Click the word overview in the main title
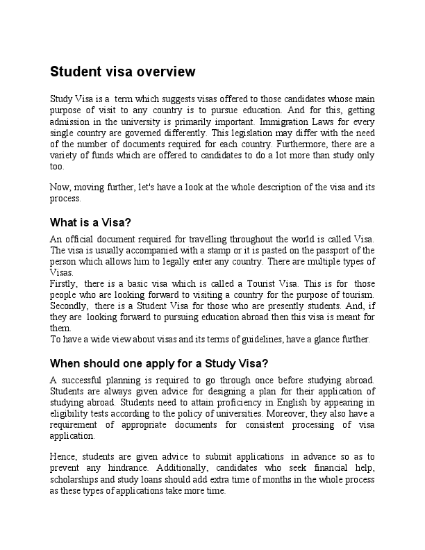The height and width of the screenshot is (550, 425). [x=166, y=72]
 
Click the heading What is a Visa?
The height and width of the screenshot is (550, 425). [x=91, y=223]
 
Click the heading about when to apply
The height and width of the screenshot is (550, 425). [x=159, y=363]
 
